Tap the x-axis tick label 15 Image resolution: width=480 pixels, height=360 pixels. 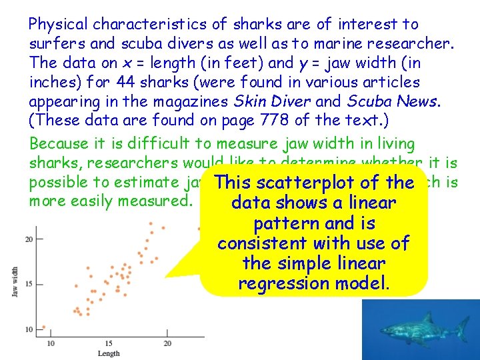coord(109,343)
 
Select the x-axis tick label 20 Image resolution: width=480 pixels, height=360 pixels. coord(167,343)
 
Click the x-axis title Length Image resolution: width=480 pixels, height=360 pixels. coord(109,353)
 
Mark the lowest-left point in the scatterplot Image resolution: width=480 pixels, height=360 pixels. coord(44,327)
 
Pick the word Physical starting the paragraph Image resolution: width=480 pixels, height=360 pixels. coord(59,25)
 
